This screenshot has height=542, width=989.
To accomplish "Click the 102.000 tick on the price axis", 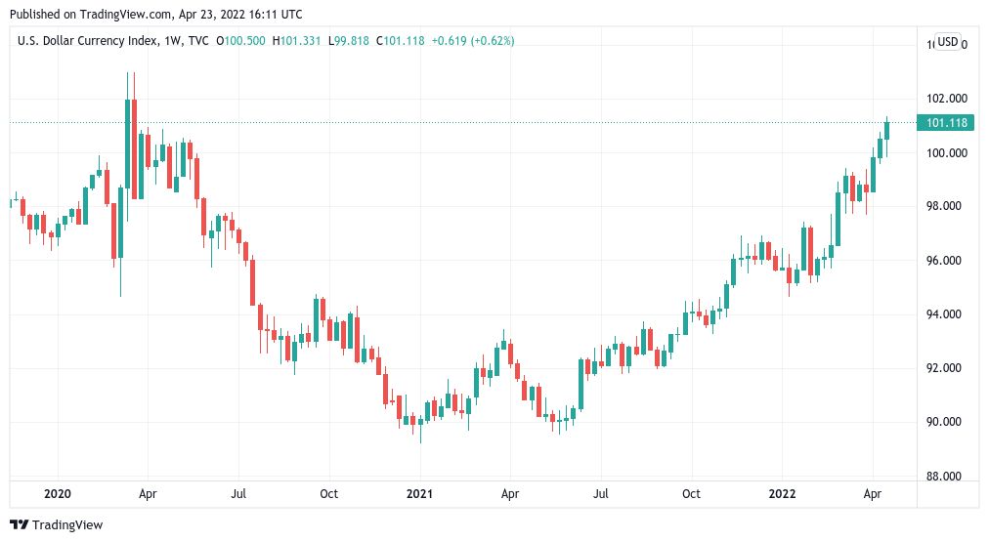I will pos(946,99).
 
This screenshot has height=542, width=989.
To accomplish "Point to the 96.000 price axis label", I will pos(946,261).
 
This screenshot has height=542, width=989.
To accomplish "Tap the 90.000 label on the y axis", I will pos(946,422).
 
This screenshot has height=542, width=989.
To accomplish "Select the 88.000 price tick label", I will pos(946,477).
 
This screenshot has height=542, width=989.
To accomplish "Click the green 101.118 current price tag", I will pos(944,122).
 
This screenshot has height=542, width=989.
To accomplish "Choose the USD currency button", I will pos(946,41).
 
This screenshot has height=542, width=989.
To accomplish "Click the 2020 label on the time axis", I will pos(58,494).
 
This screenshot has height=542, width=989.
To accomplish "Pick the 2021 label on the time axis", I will pos(419,494).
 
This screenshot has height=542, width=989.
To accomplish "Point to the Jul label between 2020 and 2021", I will pos(238,494).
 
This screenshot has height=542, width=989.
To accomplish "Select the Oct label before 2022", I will pos(691,494).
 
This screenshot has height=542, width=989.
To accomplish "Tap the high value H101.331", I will pos(298,41).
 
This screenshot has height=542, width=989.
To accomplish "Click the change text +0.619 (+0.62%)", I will pos(474,41).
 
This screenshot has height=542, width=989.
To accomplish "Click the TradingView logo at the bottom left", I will pos(57,525).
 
